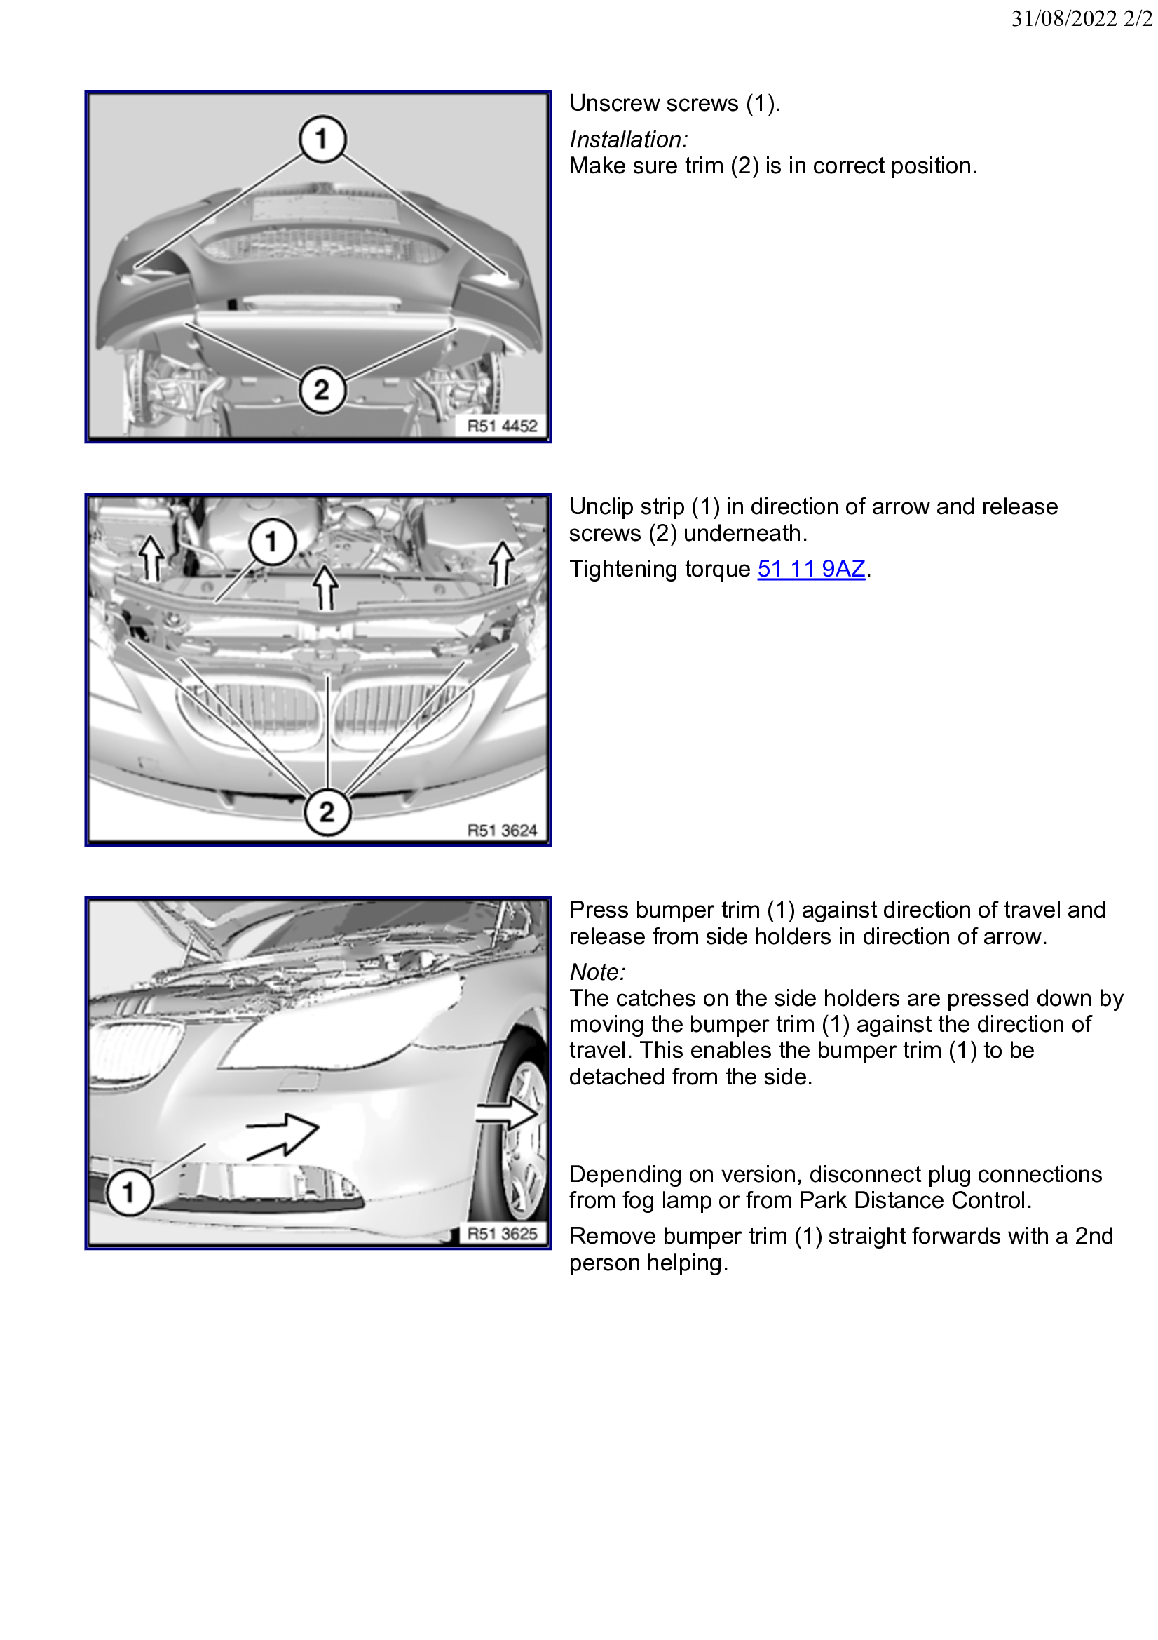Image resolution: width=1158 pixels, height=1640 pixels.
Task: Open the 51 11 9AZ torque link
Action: (x=811, y=570)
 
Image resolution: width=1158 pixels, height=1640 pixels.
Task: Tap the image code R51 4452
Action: (x=502, y=426)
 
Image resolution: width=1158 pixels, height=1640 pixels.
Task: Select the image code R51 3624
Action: (x=502, y=830)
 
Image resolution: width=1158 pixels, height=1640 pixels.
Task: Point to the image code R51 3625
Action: (x=502, y=1234)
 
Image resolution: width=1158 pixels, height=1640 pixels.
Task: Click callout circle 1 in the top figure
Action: (x=322, y=139)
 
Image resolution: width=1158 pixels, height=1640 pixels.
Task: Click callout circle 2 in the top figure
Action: (x=322, y=390)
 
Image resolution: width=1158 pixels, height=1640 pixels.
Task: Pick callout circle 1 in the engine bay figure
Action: (x=272, y=542)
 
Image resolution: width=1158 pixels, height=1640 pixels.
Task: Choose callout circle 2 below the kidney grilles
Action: (x=327, y=812)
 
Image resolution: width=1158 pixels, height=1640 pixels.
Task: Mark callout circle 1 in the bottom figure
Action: (x=128, y=1192)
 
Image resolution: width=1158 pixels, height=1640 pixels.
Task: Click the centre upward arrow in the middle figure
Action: (x=326, y=587)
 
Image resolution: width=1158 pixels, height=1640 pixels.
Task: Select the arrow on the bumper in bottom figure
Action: (x=283, y=1135)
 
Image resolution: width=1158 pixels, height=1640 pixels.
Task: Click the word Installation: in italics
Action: (x=628, y=140)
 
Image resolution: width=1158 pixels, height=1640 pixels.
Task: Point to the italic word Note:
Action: (x=597, y=972)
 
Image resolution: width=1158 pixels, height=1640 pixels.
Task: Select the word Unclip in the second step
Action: (x=601, y=506)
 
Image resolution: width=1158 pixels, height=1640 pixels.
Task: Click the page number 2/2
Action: (x=1138, y=18)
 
